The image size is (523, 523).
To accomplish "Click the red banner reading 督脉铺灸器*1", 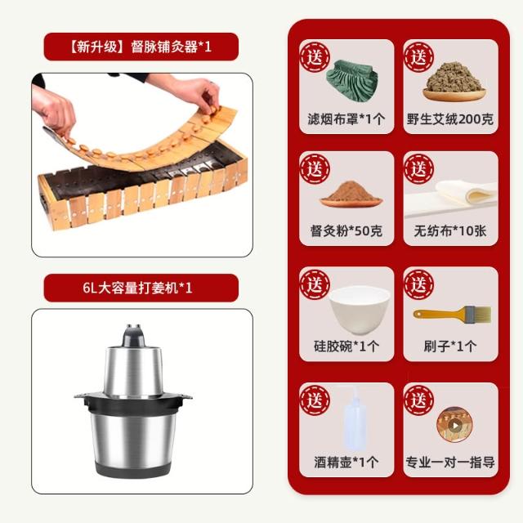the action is pyautogui.click(x=141, y=47).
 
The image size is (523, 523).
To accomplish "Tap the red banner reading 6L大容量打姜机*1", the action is pyautogui.click(x=141, y=288).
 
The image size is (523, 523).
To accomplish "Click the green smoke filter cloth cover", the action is pyautogui.click(x=352, y=80).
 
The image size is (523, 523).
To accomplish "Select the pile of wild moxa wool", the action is pyautogui.click(x=454, y=79).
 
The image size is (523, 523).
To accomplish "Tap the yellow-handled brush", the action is pyautogui.click(x=452, y=314).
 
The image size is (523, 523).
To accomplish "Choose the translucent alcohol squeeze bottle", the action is pyautogui.click(x=354, y=419).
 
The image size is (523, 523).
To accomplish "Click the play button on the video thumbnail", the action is pyautogui.click(x=454, y=425).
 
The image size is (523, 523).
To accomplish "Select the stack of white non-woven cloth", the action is pyautogui.click(x=451, y=198).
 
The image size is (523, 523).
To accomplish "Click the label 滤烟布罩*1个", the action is pyautogui.click(x=346, y=119).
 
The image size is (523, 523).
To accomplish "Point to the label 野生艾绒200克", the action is pyautogui.click(x=450, y=119).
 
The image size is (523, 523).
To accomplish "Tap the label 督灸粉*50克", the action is pyautogui.click(x=346, y=230).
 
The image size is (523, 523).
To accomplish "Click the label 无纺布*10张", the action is pyautogui.click(x=450, y=230).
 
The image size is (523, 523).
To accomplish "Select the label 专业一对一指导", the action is pyautogui.click(x=450, y=463).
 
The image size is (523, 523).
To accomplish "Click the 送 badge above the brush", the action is pyautogui.click(x=418, y=284).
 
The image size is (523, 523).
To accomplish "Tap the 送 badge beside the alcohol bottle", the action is pyautogui.click(x=315, y=400).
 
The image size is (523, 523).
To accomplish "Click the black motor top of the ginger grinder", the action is pyautogui.click(x=134, y=336).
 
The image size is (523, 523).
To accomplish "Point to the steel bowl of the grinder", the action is pyautogui.click(x=133, y=437).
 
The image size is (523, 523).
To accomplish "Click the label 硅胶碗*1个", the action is pyautogui.click(x=346, y=346).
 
